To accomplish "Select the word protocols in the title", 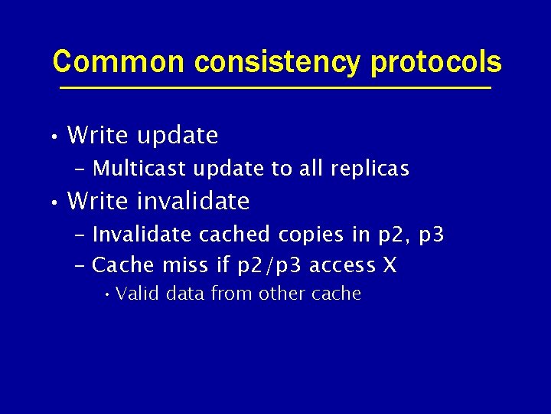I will click(436, 63).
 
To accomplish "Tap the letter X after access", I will click(389, 266).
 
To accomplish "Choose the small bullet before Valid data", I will click(109, 294).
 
